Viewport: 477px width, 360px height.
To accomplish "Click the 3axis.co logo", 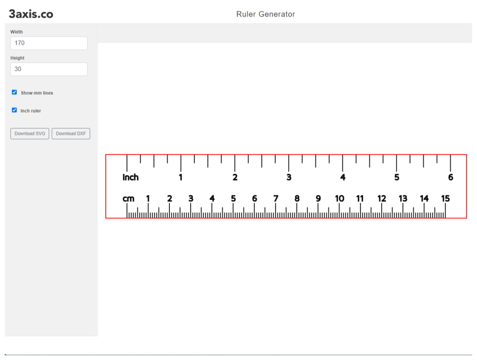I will click(31, 14).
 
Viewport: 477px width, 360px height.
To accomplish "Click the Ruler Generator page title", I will click(266, 14).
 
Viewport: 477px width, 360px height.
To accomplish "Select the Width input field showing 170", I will click(49, 43).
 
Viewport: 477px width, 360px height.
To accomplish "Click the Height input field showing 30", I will click(49, 69).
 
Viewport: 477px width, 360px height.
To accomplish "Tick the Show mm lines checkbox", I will click(14, 93).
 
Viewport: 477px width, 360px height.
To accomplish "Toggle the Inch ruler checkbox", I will click(14, 110).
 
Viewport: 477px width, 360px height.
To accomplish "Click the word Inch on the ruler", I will click(131, 177).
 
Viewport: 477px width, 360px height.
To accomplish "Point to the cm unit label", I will click(128, 199).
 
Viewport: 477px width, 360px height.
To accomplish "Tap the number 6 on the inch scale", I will click(450, 177).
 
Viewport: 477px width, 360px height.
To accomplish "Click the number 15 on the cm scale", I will click(445, 199).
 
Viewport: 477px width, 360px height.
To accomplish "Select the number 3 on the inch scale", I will click(289, 177).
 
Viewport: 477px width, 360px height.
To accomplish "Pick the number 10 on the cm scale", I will click(339, 199).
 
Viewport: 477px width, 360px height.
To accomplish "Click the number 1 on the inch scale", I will click(181, 177).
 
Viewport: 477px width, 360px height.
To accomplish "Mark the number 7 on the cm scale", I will click(276, 199).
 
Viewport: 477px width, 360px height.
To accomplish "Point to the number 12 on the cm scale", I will click(382, 199).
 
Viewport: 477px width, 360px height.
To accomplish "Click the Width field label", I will click(17, 32).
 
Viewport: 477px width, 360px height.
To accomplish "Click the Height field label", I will click(17, 58).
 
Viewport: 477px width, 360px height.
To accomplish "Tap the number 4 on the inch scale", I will click(342, 177).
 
